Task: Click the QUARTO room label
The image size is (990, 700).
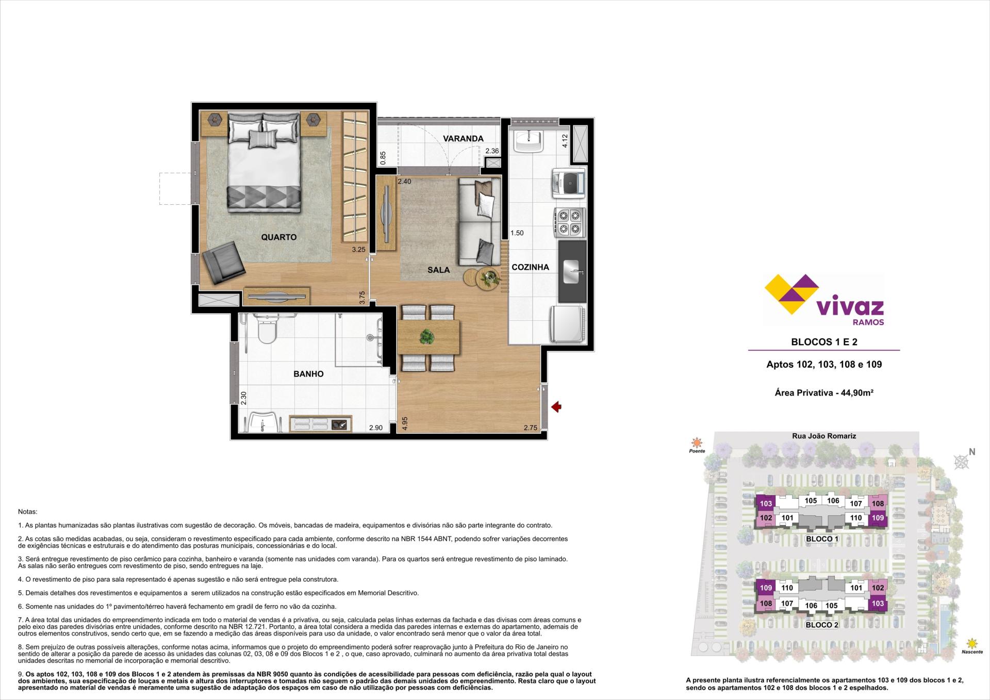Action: [279, 237]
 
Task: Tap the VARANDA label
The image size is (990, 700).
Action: [463, 138]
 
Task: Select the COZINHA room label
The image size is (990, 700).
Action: [530, 267]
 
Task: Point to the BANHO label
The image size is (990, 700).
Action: [308, 374]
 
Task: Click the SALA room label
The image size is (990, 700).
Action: [438, 270]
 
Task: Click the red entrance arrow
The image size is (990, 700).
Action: [556, 408]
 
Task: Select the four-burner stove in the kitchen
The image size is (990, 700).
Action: [570, 222]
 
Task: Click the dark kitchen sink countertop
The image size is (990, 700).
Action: [572, 272]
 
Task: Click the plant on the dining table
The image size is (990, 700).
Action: [426, 337]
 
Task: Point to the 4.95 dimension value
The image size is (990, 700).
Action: [405, 424]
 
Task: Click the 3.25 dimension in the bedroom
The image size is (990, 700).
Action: [358, 250]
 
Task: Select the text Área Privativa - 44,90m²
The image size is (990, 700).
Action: [824, 393]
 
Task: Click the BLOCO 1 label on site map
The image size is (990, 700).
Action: [822, 539]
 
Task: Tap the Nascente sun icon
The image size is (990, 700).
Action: [972, 643]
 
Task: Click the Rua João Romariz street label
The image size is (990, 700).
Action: [824, 436]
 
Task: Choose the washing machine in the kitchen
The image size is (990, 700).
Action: [568, 183]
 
